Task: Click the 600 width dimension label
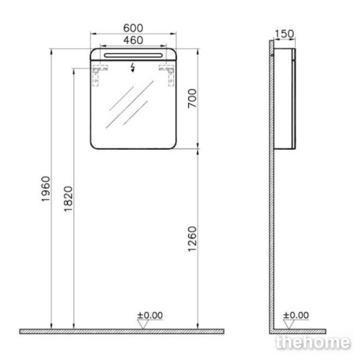[x=133, y=28]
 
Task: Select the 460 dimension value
[x=133, y=40]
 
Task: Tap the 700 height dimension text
[x=192, y=99]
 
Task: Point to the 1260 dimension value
[x=192, y=239]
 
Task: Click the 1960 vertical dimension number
[x=45, y=189]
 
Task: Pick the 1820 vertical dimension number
[x=68, y=199]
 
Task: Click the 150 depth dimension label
[x=284, y=34]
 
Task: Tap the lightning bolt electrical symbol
[x=133, y=67]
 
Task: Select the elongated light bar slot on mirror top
[x=133, y=55]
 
